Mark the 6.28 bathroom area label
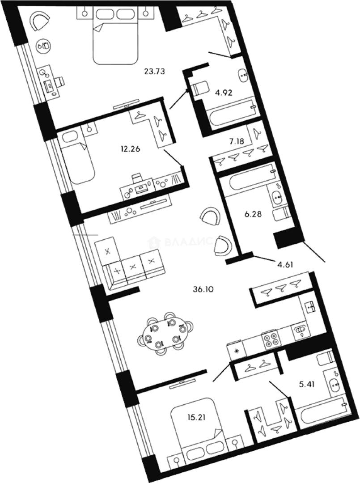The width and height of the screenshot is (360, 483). (252, 214)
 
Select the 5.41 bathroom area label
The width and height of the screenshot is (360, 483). (308, 383)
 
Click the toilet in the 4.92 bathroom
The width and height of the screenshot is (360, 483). (200, 87)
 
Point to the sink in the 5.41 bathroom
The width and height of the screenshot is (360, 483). (334, 384)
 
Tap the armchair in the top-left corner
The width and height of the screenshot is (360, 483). (40, 20)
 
